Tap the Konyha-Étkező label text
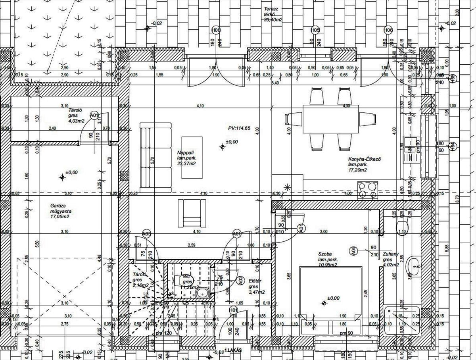(364, 164)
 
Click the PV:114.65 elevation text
(239, 128)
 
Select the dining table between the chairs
(331, 119)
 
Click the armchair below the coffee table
(192, 213)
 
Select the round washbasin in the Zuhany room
(415, 264)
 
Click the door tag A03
(146, 234)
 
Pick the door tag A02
(240, 280)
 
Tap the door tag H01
(233, 310)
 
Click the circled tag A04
(353, 250)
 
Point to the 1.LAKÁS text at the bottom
(233, 351)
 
